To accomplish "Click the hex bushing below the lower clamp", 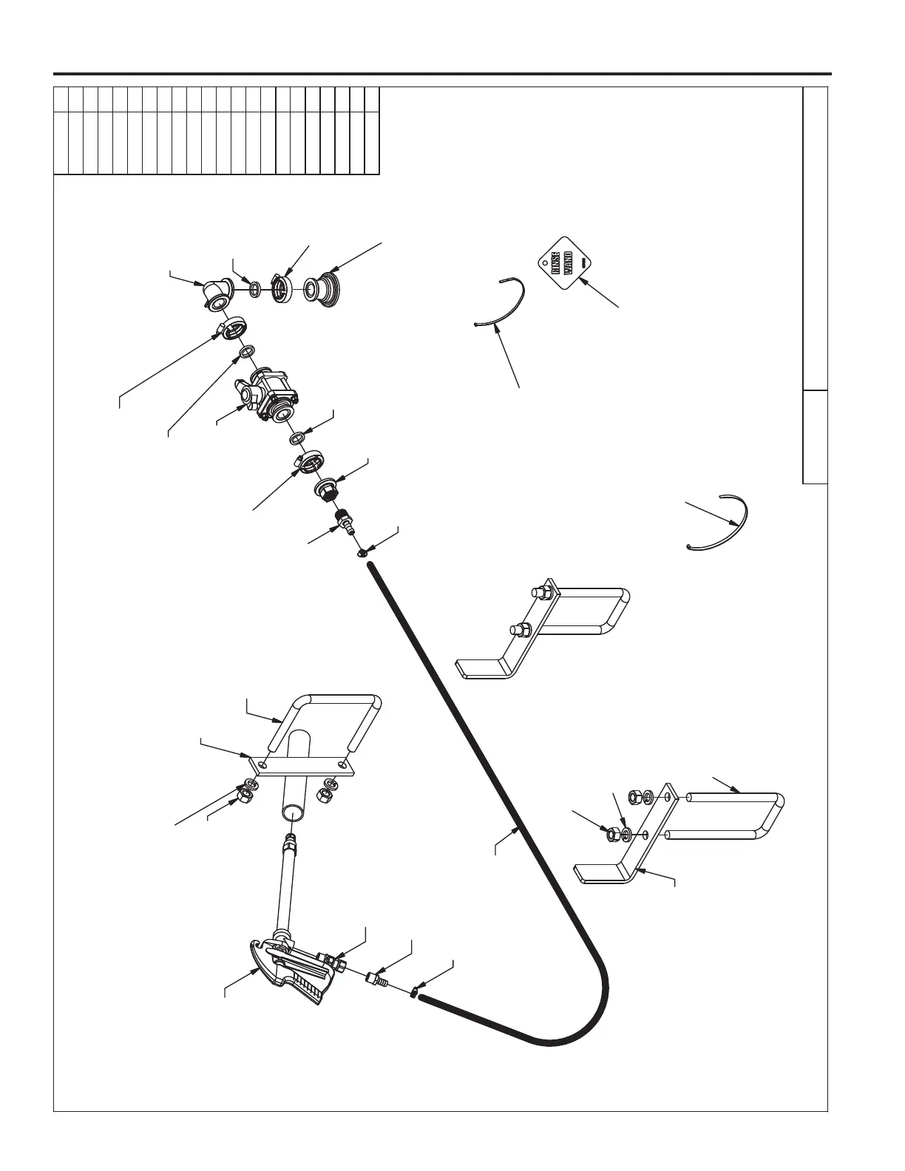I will [x=328, y=489].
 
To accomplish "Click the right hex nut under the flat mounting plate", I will [x=324, y=795].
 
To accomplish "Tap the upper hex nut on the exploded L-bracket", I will [x=634, y=797].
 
